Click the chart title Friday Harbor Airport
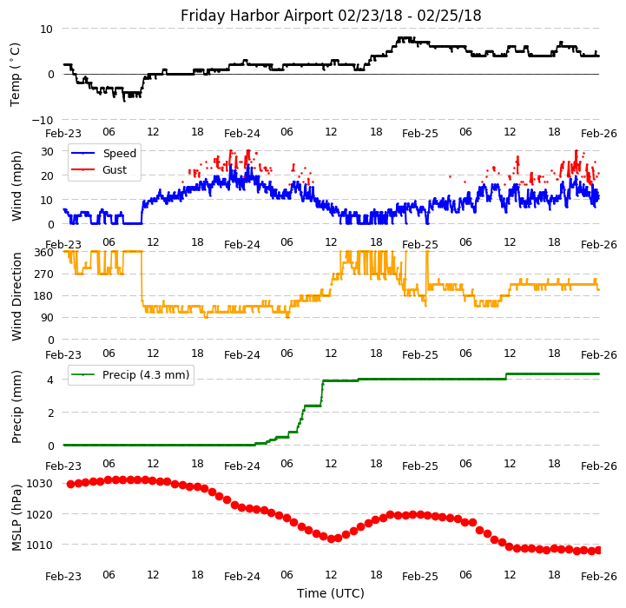pyautogui.click(x=331, y=16)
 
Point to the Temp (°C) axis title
pyautogui.click(x=16, y=74)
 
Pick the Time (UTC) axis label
pyautogui.click(x=331, y=593)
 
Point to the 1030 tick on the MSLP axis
pyautogui.click(x=40, y=483)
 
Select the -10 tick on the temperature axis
pyautogui.click(x=43, y=120)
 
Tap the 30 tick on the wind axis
pyautogui.click(x=46, y=151)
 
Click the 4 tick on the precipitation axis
pyautogui.click(x=49, y=379)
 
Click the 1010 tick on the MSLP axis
pyautogui.click(x=40, y=545)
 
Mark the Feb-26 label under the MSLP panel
pyautogui.click(x=599, y=576)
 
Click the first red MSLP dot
pyautogui.click(x=70, y=484)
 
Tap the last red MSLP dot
pyautogui.click(x=598, y=550)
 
